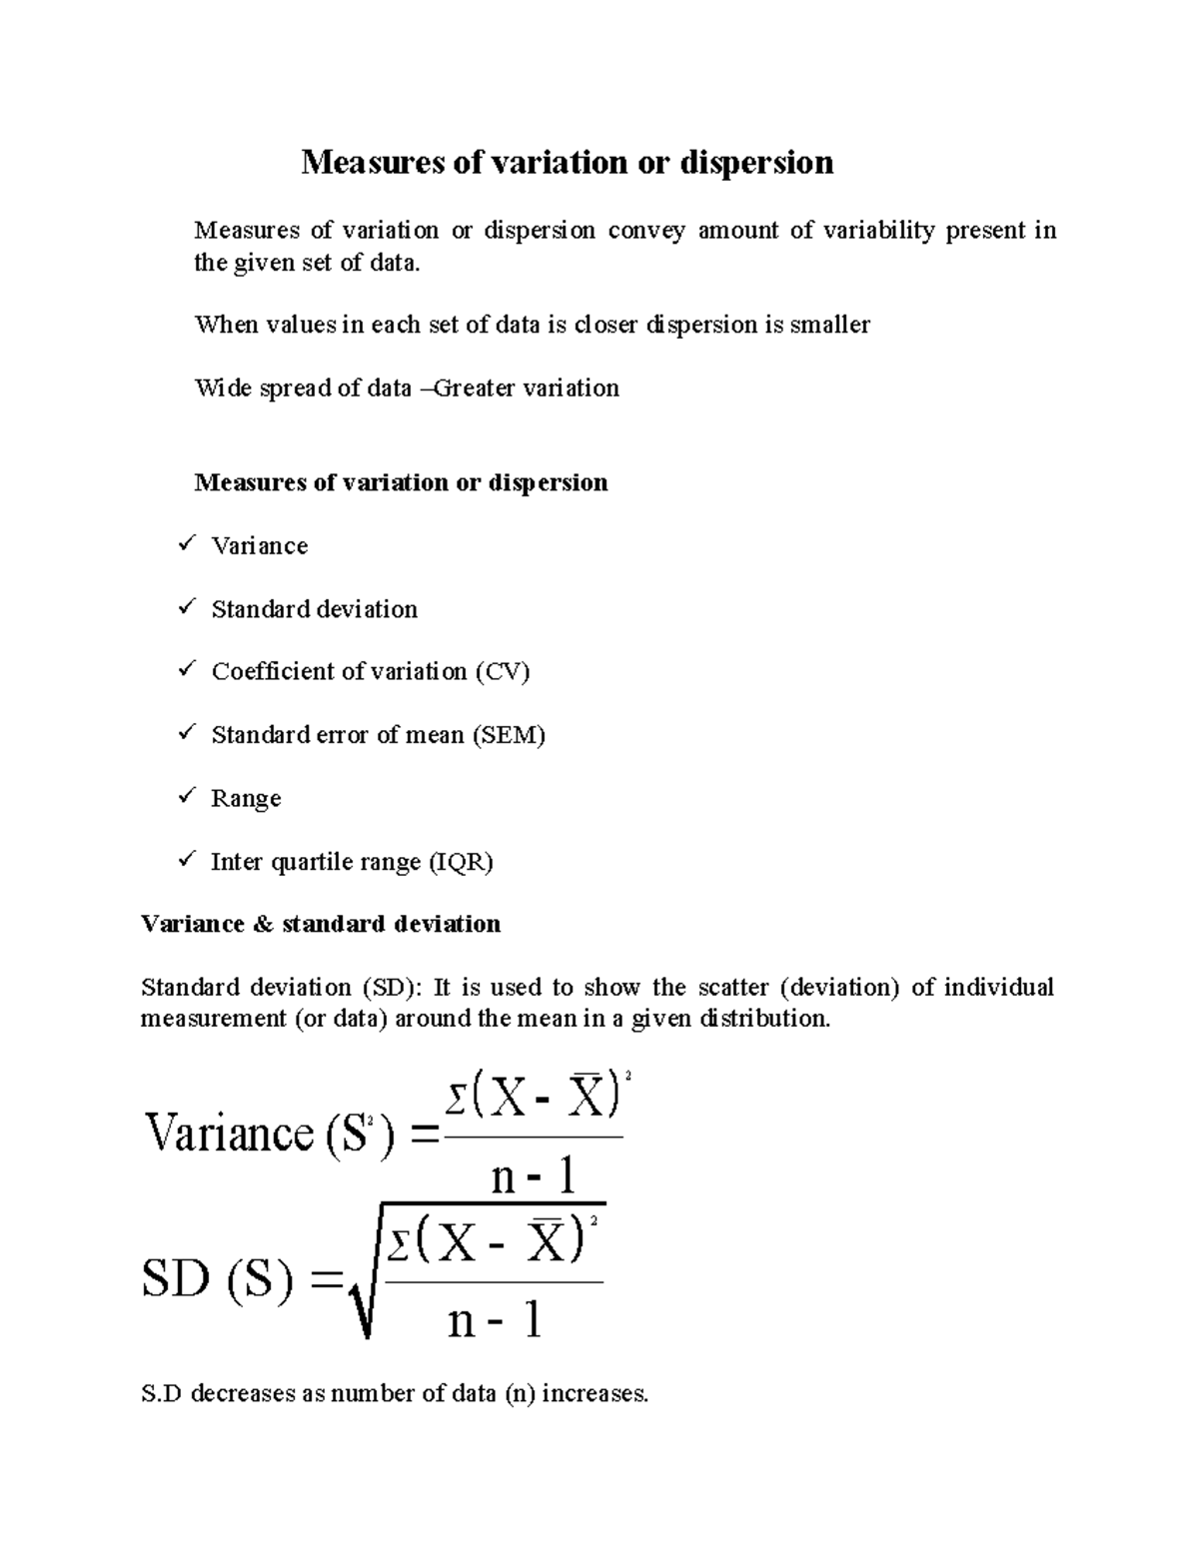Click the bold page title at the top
(567, 162)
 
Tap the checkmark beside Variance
(187, 544)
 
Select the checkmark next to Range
(187, 797)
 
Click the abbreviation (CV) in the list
(503, 671)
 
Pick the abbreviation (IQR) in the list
(461, 862)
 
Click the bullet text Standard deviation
(314, 609)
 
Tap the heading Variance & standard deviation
(321, 924)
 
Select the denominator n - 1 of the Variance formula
(535, 1177)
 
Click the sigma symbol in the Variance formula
(456, 1103)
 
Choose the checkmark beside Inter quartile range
(187, 860)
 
